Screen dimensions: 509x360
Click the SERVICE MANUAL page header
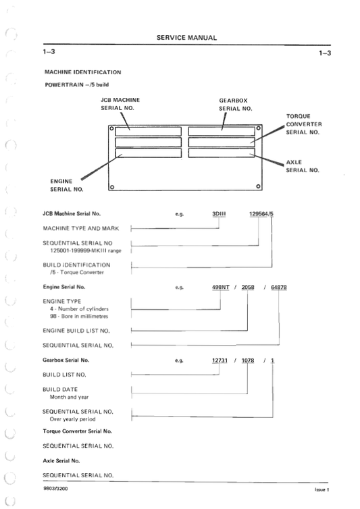click(186, 38)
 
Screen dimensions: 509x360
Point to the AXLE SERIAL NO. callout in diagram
click(302, 166)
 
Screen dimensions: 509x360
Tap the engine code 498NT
click(222, 287)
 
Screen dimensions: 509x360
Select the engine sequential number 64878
click(279, 287)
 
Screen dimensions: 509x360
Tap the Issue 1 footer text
click(321, 488)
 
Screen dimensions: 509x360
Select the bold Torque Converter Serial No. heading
click(77, 430)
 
